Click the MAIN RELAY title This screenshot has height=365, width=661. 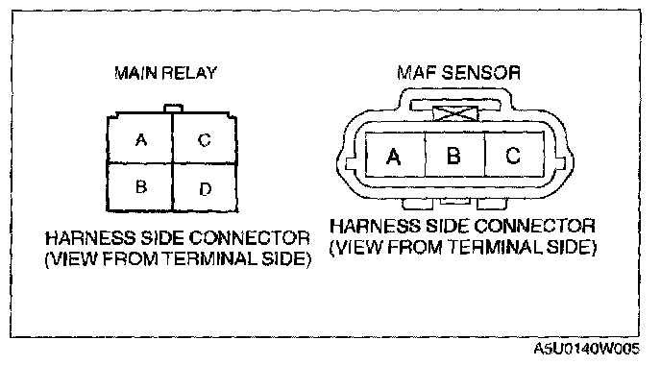165,73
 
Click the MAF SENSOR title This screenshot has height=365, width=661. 458,72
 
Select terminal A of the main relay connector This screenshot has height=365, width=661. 140,138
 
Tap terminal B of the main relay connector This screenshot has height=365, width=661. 140,187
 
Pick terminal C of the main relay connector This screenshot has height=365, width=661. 205,138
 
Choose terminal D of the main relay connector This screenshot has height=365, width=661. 205,188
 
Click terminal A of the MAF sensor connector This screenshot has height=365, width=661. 395,155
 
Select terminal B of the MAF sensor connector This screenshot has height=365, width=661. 454,155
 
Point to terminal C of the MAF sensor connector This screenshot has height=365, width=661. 514,155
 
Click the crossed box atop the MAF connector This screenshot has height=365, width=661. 455,113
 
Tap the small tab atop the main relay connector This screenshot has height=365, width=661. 173,109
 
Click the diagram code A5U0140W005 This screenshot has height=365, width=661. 587,349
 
